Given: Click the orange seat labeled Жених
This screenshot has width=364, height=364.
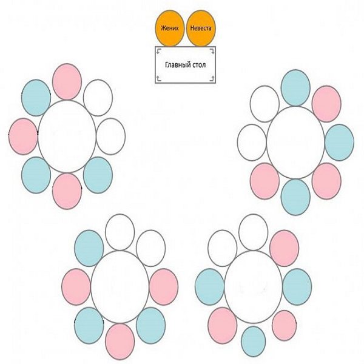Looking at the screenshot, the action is point(170,28).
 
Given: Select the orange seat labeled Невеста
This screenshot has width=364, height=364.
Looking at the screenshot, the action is point(201,28).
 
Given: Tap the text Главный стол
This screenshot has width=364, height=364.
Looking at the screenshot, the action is point(185,65).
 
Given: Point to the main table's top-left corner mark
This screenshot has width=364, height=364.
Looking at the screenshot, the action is point(158,51).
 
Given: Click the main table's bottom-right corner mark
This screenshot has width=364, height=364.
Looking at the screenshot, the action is point(212,78).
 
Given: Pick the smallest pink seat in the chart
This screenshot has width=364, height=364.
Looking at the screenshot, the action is point(284,326).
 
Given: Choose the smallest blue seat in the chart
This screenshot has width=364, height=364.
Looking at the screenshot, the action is point(253,341).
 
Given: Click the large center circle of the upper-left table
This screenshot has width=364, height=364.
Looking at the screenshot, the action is point(67,136).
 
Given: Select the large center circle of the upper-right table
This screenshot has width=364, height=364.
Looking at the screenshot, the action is point(295,143).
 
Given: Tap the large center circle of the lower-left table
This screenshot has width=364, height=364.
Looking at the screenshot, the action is point(120,287).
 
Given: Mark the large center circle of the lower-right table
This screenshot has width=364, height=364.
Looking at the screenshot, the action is point(254,287).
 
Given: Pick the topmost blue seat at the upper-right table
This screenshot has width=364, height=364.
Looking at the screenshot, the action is point(295,88).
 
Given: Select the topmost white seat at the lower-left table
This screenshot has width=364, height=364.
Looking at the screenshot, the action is point(120,232).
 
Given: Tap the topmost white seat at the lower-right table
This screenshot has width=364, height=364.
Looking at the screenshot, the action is point(253,232).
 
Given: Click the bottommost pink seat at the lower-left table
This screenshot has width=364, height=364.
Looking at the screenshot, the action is point(120,342).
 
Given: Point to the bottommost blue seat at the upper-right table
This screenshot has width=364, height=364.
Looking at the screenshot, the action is point(295,197).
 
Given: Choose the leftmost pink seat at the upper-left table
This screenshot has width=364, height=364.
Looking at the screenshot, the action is point(23,136).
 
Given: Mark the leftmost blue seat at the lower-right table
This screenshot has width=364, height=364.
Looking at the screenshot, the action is point(210,287).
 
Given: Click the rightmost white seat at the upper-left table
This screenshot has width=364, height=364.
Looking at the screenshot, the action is point(111,136).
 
